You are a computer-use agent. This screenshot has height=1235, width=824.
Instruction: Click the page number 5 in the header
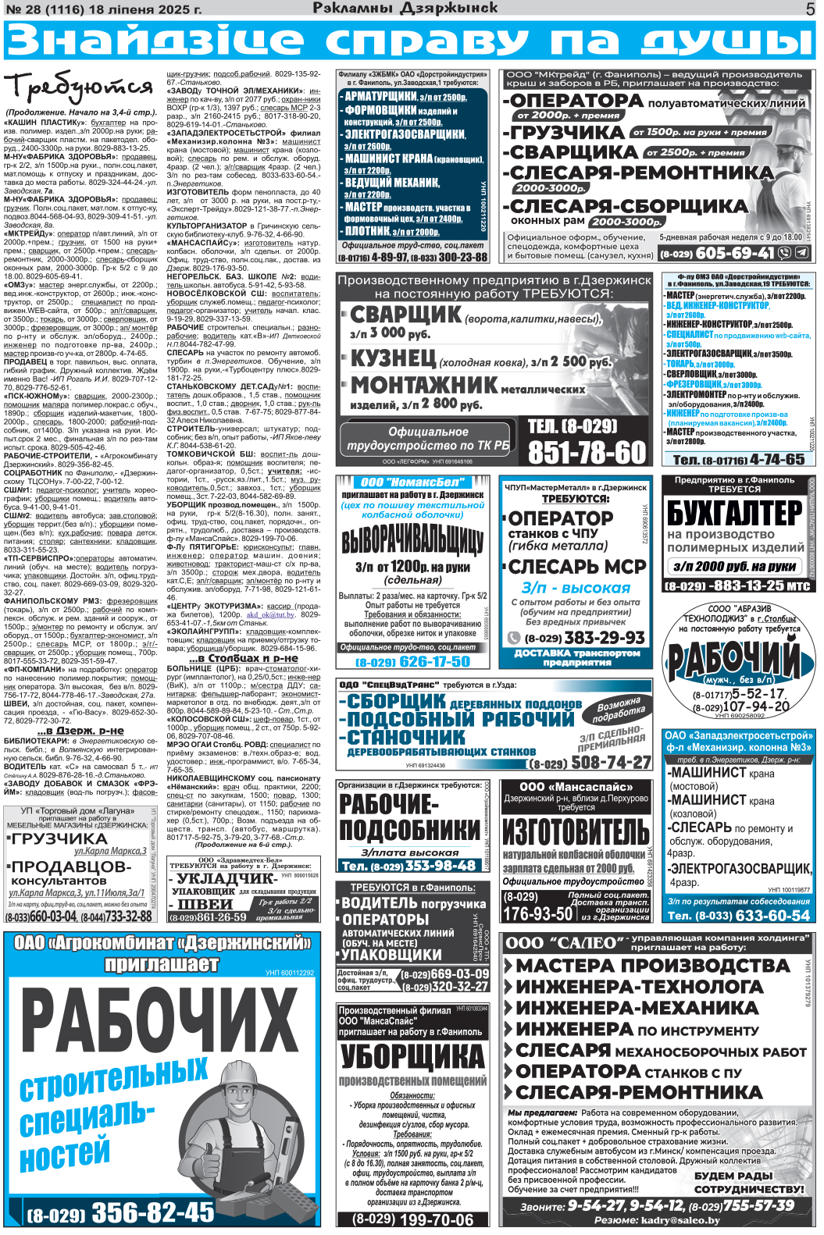click(x=810, y=9)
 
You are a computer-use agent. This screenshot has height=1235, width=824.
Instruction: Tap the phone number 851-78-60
click(x=587, y=452)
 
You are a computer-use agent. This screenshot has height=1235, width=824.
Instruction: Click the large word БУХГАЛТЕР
click(x=734, y=513)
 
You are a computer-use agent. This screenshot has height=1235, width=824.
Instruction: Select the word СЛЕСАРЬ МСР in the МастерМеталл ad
click(x=577, y=566)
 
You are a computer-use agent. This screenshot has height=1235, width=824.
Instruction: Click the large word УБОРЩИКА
click(x=412, y=1056)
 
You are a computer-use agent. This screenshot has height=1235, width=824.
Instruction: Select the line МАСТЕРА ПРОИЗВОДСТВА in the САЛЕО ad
click(x=653, y=966)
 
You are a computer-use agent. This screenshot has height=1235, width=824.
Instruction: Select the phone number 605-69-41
click(x=735, y=253)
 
